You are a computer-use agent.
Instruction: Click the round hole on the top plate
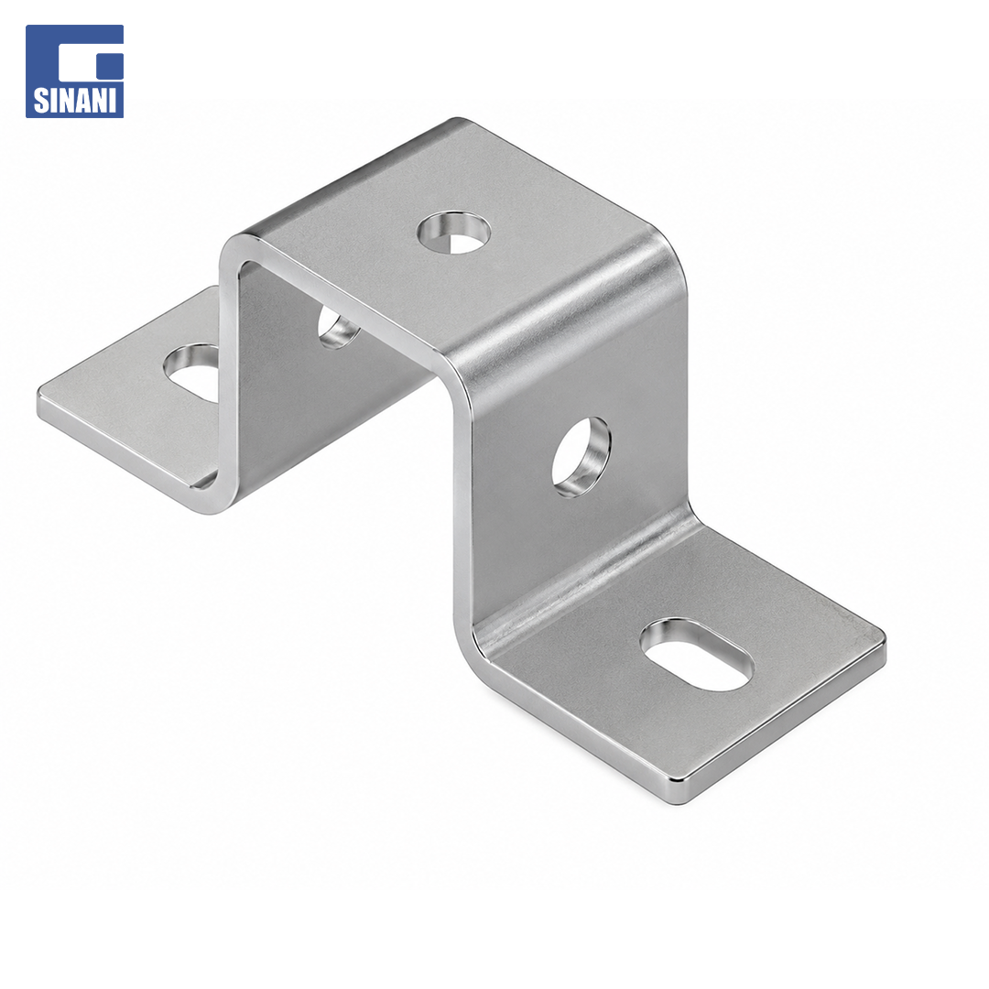[x=453, y=233]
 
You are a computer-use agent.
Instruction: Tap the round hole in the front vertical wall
[x=581, y=457]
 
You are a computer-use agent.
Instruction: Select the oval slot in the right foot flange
[x=696, y=654]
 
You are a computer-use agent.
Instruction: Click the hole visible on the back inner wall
[x=337, y=328]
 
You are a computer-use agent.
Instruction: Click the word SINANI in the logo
[x=74, y=101]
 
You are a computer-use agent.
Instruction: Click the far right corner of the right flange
[x=885, y=637]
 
